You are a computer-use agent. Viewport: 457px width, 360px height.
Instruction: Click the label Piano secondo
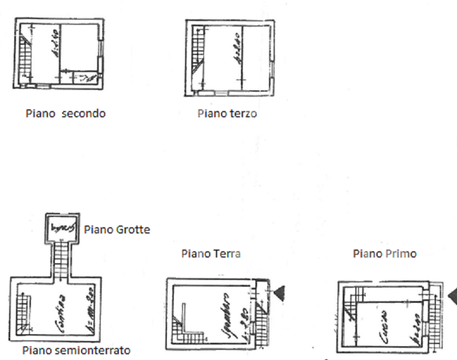[x=66, y=114]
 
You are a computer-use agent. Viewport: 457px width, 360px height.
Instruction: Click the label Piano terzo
[x=227, y=114]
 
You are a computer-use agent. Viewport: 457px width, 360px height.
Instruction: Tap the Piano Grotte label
[x=117, y=229]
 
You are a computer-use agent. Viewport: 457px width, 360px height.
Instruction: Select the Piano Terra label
[x=211, y=254]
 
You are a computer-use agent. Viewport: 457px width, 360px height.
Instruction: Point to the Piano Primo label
[x=385, y=254]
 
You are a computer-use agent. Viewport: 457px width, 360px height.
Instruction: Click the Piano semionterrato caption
[x=76, y=351]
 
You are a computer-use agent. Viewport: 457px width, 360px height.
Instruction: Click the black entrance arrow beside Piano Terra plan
[x=279, y=292]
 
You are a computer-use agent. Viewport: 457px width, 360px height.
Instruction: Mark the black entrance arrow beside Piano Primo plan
[x=452, y=295]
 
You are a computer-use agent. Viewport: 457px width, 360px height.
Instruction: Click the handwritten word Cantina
[x=60, y=312]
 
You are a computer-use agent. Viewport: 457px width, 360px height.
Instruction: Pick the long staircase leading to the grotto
[x=62, y=260]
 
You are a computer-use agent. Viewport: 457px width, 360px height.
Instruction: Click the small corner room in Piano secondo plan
[x=86, y=77]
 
